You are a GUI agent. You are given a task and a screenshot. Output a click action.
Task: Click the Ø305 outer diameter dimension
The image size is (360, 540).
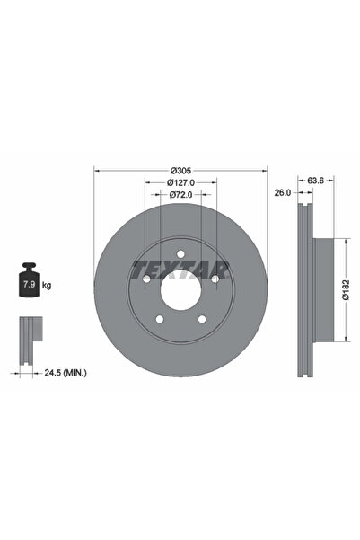(181, 171)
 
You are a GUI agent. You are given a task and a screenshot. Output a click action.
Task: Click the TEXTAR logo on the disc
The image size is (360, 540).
(180, 268)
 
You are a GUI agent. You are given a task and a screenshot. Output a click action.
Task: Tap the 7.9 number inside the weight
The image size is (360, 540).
(28, 286)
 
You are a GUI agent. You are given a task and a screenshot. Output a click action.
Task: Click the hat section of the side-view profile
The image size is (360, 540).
(323, 289)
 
